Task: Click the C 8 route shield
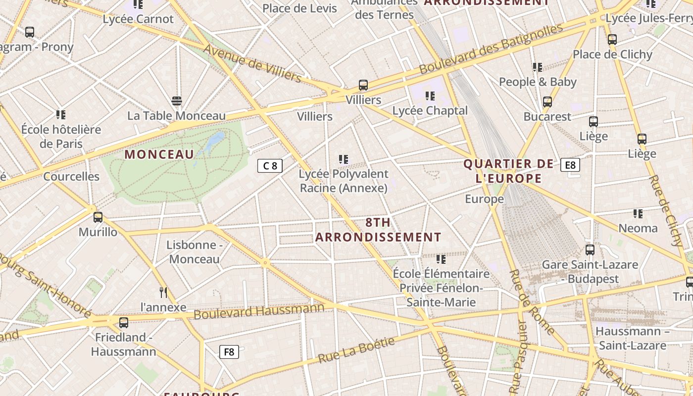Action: pyautogui.click(x=270, y=166)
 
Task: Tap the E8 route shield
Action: pyautogui.click(x=570, y=165)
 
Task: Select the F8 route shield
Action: pyautogui.click(x=229, y=352)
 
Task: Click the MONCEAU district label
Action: pyautogui.click(x=159, y=154)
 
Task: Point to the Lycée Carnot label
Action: pyautogui.click(x=138, y=19)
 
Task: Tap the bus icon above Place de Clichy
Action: pyautogui.click(x=612, y=40)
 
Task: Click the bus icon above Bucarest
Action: pyautogui.click(x=547, y=102)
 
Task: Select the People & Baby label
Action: pyautogui.click(x=538, y=82)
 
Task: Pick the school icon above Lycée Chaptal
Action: pyautogui.click(x=430, y=96)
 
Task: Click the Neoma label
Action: pyautogui.click(x=638, y=228)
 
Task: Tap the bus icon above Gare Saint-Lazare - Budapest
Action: pyautogui.click(x=590, y=250)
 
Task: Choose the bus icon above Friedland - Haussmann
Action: pyautogui.click(x=124, y=323)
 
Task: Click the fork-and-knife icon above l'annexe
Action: pyautogui.click(x=163, y=293)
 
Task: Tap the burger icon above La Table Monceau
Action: pyautogui.click(x=177, y=101)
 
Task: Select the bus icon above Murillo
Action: pyautogui.click(x=98, y=217)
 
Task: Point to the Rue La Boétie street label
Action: pyautogui.click(x=356, y=350)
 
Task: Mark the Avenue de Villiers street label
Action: pyautogui.click(x=252, y=63)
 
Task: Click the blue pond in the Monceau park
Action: pyautogui.click(x=214, y=141)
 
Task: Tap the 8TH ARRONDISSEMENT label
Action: pyautogui.click(x=378, y=230)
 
